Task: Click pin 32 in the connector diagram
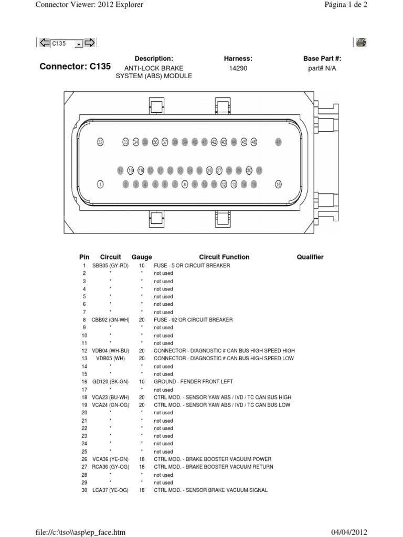101,142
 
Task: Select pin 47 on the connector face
279,142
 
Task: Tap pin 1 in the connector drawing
101,184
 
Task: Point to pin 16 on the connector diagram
279,184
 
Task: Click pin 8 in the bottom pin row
185,184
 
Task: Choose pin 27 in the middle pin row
219,170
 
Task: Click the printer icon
361,43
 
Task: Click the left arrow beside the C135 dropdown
44,43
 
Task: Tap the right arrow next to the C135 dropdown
89,43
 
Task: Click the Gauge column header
142,257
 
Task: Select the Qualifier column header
310,257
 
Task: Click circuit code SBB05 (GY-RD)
110,266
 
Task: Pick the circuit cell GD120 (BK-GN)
110,382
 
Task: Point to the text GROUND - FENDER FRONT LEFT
193,382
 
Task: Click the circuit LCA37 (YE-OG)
110,490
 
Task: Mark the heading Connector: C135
76,67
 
